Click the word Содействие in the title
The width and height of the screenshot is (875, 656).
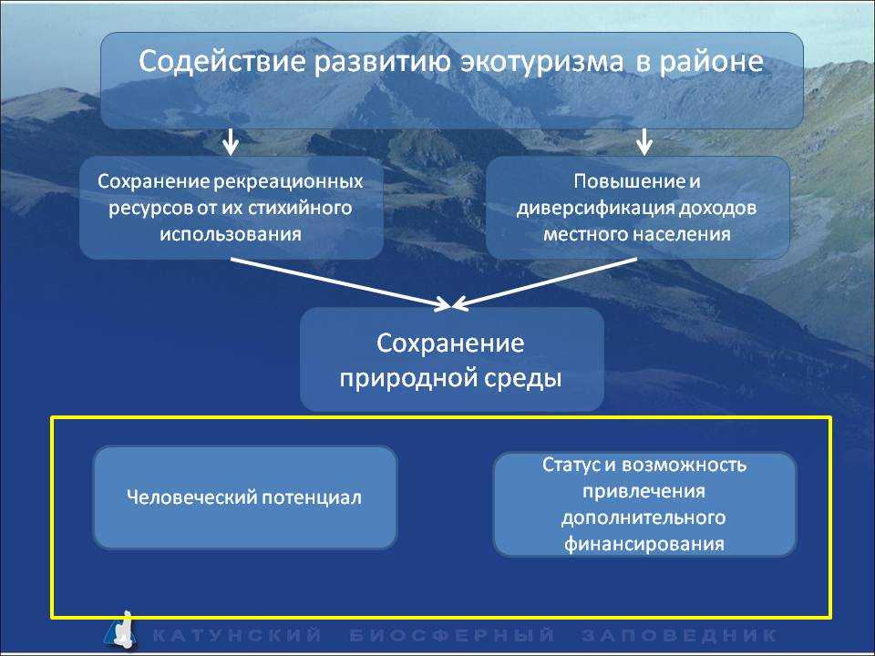(x=222, y=61)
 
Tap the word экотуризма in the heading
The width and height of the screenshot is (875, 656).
(x=541, y=61)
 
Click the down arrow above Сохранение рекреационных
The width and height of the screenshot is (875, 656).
(x=230, y=142)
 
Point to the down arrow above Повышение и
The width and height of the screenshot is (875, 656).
(x=644, y=142)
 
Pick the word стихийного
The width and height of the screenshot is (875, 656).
(x=300, y=209)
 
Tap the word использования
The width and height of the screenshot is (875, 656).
(x=231, y=234)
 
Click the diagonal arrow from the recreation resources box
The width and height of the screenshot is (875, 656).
(x=340, y=282)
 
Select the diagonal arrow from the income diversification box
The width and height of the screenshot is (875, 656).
(x=544, y=282)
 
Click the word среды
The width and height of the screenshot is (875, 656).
(x=522, y=379)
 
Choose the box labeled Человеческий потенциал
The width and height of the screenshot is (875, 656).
(x=245, y=497)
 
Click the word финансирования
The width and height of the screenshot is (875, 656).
(x=644, y=544)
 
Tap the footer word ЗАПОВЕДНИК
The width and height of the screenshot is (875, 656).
(x=679, y=635)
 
